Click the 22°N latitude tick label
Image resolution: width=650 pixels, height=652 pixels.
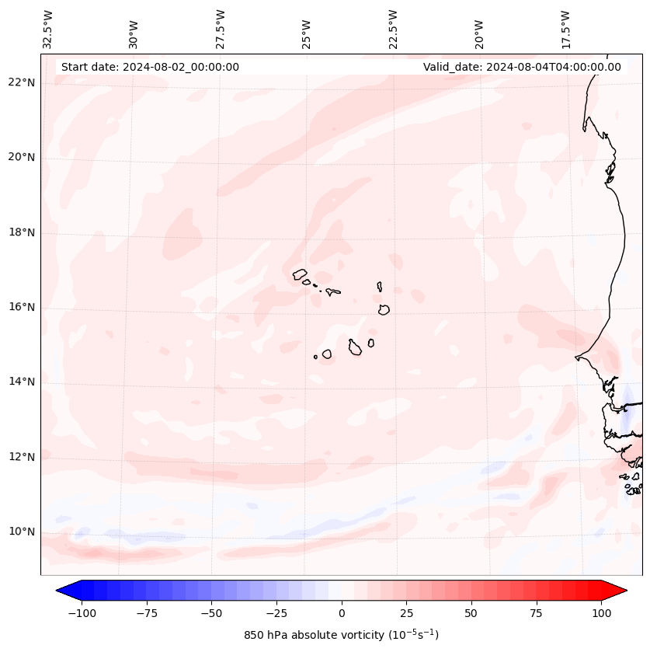point(21,82)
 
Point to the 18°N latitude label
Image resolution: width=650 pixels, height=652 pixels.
point(21,232)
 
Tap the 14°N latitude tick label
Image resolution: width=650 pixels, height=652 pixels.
point(21,382)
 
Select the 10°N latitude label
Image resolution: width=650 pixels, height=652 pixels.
point(21,532)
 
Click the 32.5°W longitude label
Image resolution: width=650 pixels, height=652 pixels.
point(48,29)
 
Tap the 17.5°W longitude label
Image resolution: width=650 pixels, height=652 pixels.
point(565,29)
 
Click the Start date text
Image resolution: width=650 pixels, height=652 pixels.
point(150,67)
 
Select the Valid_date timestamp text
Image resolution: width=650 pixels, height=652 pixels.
point(522,67)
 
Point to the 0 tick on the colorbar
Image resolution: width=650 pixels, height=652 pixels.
point(342,613)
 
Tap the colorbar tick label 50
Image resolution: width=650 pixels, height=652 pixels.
point(471,613)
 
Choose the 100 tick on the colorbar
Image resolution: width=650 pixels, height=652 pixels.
point(601,613)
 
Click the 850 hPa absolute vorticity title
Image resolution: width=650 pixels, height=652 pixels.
point(341,635)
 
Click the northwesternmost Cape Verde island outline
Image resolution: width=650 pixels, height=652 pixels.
point(300,274)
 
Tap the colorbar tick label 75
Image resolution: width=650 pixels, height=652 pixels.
point(537,613)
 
